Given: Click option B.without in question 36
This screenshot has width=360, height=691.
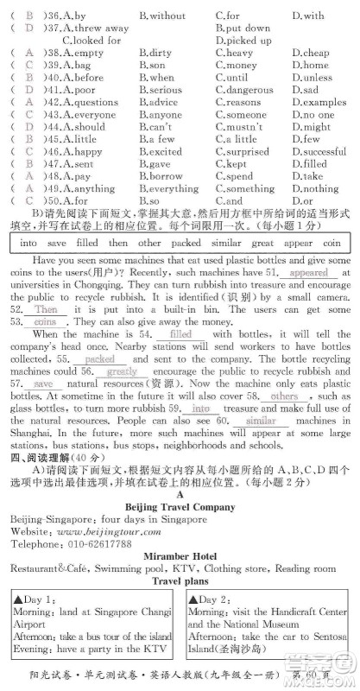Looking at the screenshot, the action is (x=162, y=16).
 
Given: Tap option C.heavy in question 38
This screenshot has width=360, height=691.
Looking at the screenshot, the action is (x=235, y=53).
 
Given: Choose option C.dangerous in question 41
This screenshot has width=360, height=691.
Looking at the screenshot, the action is (x=248, y=90).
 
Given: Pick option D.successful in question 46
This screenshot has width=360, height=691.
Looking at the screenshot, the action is (x=319, y=152).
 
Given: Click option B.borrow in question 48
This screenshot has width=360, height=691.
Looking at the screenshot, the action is (x=160, y=176).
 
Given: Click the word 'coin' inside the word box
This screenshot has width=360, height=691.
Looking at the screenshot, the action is (x=332, y=244).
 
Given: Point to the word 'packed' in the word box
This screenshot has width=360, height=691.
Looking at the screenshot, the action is (x=186, y=244).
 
